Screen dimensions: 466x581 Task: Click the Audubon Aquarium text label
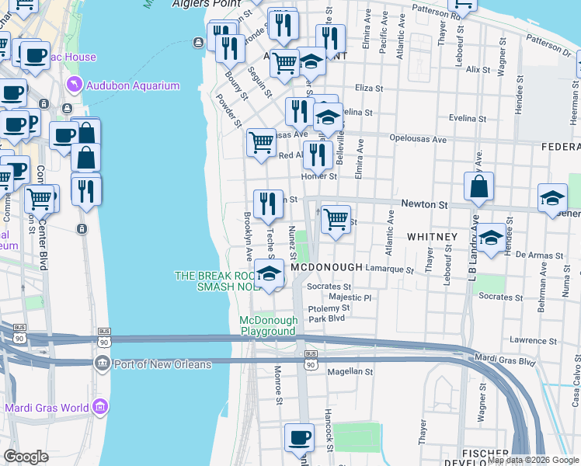(134, 86)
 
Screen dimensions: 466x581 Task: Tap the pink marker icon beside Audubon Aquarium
(74, 84)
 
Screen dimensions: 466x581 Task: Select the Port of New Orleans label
(162, 365)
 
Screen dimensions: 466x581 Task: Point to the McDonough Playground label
(268, 325)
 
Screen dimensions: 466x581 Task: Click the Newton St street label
(425, 205)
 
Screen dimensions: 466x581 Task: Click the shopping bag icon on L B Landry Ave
(479, 187)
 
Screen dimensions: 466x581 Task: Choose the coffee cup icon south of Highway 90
(298, 437)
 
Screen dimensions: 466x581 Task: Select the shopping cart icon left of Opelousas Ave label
(261, 142)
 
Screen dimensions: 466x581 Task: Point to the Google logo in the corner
(26, 457)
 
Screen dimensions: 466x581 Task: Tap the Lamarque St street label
(389, 270)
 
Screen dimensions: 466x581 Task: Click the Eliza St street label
(369, 89)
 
